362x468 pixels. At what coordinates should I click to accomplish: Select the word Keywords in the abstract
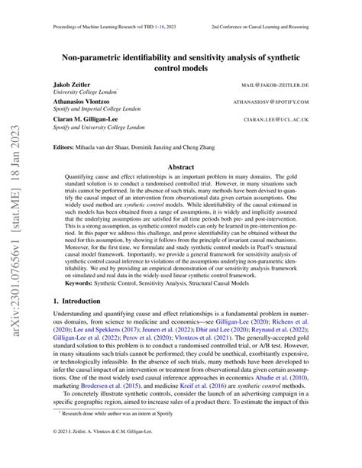(x=88, y=305)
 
